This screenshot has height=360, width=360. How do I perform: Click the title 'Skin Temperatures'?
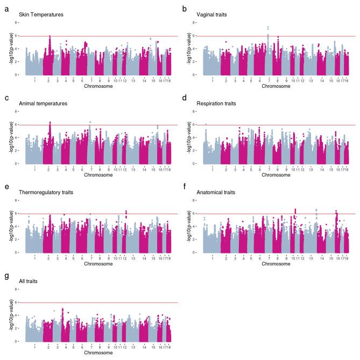(x=38, y=15)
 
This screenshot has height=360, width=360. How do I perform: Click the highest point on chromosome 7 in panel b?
(x=268, y=27)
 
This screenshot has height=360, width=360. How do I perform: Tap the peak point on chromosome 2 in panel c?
(x=50, y=122)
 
